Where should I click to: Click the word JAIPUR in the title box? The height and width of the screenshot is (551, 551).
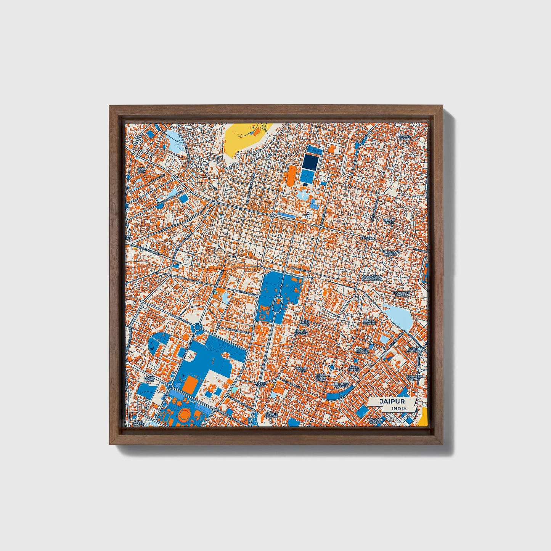pos(392,402)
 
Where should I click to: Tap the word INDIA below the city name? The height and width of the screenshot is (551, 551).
pos(399,408)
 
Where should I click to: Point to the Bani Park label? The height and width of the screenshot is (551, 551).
pos(141,170)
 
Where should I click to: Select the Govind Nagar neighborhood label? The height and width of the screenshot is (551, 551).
pos(405,137)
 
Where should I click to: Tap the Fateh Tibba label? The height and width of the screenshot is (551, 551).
pos(305,323)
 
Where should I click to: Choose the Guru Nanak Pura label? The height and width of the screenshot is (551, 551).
pos(321,377)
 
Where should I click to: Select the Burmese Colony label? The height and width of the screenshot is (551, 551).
pos(413,378)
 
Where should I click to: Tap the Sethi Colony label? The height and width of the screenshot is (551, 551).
pos(413,350)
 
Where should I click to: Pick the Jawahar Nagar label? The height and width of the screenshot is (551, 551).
pos(375,421)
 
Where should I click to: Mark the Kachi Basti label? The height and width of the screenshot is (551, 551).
pos(148,379)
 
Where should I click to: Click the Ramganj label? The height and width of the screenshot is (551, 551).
pos(368,238)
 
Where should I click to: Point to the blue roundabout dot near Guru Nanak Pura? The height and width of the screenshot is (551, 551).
pos(332,367)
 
